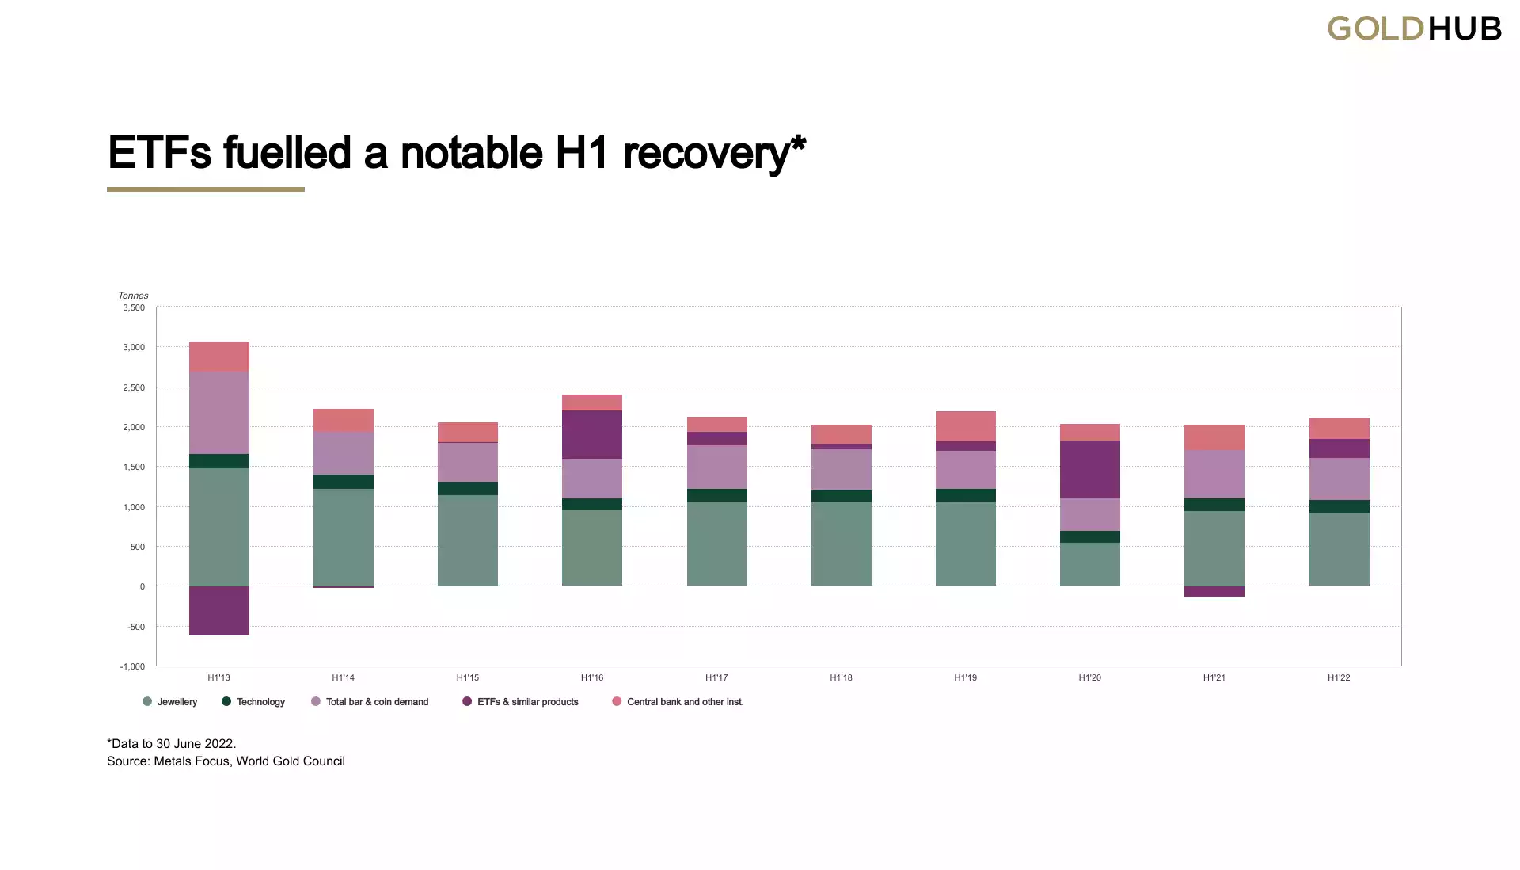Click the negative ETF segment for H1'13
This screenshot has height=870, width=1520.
[219, 611]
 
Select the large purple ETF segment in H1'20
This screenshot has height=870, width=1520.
[1090, 469]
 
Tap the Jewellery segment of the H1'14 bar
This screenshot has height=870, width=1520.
[344, 537]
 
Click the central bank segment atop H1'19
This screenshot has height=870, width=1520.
[966, 426]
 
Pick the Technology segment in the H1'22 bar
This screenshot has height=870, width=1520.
[1339, 506]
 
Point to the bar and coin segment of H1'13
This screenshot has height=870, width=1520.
[219, 413]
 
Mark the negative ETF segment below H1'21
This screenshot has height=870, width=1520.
[1214, 591]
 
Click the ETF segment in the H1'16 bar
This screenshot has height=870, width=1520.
[592, 434]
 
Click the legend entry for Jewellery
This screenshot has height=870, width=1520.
[177, 702]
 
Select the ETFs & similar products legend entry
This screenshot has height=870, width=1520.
[527, 702]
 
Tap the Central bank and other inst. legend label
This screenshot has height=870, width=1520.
[685, 702]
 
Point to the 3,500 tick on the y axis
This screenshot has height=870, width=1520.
[134, 307]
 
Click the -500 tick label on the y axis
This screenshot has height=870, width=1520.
[136, 627]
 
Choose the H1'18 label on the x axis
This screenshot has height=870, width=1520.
[841, 678]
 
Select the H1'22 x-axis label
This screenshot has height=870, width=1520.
[1339, 678]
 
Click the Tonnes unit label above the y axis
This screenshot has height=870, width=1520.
[133, 296]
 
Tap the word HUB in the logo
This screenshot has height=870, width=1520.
[1465, 29]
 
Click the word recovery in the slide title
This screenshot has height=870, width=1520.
[707, 153]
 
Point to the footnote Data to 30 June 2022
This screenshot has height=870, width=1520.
[172, 743]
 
